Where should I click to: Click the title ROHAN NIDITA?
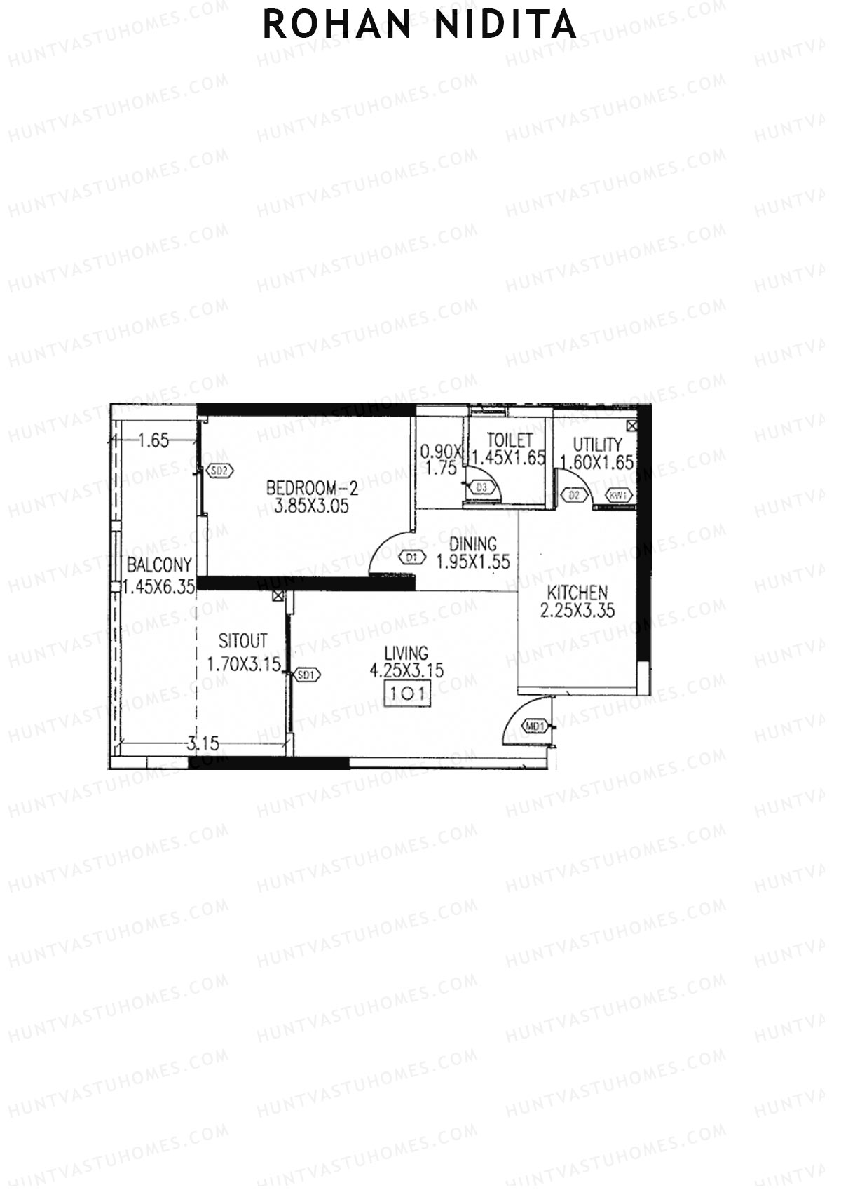[420, 25]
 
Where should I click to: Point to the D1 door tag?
[412, 558]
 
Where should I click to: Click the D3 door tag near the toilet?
[482, 487]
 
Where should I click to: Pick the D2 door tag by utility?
[575, 496]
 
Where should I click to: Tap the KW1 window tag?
[619, 496]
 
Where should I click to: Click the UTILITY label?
[597, 445]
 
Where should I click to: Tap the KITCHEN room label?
[577, 593]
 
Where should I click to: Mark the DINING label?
[473, 543]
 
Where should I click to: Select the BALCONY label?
[159, 565]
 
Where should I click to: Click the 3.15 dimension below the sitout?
[203, 743]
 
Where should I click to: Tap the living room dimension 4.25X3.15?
[406, 670]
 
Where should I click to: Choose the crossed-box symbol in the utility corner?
[632, 426]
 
